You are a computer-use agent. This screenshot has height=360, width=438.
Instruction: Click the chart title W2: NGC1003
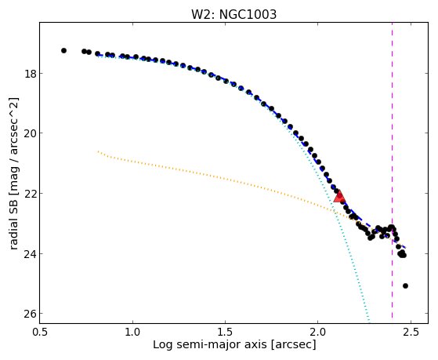pyautogui.click(x=233, y=14)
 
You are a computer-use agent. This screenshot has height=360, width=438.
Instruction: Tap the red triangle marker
pyautogui.click(x=340, y=196)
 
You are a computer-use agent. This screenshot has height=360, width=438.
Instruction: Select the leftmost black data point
pyautogui.click(x=63, y=51)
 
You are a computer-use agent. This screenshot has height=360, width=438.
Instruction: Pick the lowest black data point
pyautogui.click(x=405, y=285)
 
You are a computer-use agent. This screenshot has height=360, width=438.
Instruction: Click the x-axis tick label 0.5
pyautogui.click(x=40, y=332)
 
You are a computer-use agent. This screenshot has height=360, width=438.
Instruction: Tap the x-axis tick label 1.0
pyautogui.click(x=132, y=332)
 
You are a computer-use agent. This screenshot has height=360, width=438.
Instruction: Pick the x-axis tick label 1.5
pyautogui.click(x=225, y=332)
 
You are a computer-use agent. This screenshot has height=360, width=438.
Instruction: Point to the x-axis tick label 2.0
pyautogui.click(x=318, y=332)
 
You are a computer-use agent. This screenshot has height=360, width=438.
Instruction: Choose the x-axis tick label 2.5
pyautogui.click(x=411, y=332)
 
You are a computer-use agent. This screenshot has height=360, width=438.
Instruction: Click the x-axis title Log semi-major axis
pyautogui.click(x=210, y=345)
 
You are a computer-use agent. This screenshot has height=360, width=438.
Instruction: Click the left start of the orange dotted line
pyautogui.click(x=98, y=151)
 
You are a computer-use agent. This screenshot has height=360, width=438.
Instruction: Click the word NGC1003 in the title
pyautogui.click(x=248, y=14)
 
